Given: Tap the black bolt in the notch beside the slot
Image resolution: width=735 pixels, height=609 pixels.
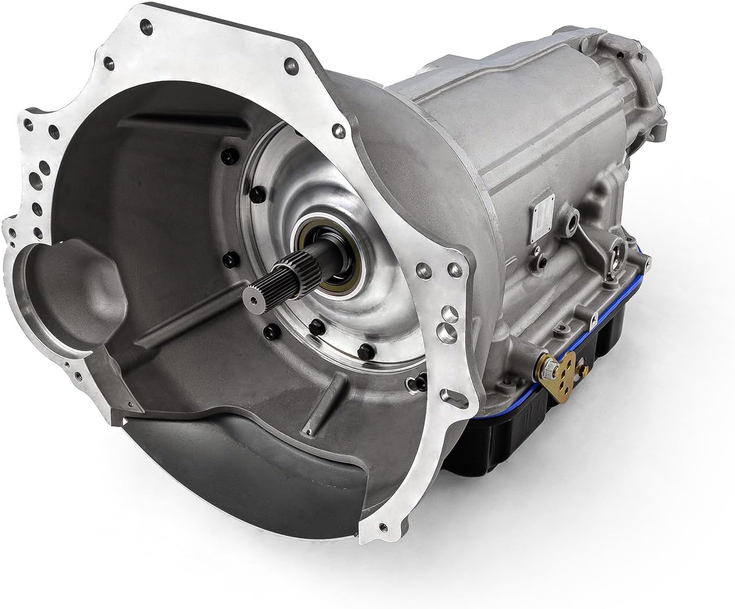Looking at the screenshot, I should click(x=412, y=382).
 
